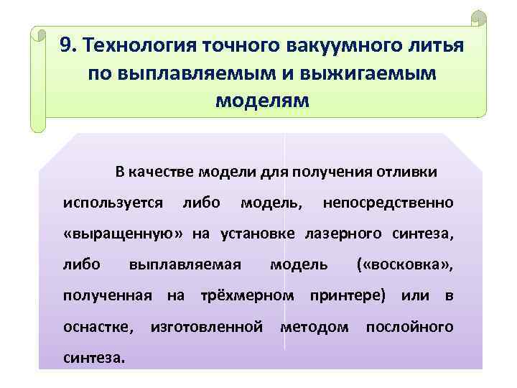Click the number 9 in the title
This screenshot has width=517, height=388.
coord(65,46)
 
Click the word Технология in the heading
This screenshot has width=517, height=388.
coord(132,46)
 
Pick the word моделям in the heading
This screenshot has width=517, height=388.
coord(262,101)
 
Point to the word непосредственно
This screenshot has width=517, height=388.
coord(388,203)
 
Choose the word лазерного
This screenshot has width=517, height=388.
coord(347,234)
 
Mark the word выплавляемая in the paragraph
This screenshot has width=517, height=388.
coord(184,264)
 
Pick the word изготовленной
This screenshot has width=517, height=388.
coord(206,326)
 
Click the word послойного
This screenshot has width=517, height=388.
coord(410,326)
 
